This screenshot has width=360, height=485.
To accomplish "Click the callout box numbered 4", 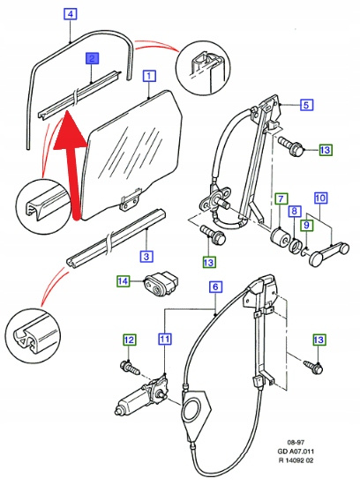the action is coord(71,13).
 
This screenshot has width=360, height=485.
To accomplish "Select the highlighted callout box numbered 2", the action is coord(93,58).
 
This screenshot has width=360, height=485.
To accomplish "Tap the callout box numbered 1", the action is coord(149,76).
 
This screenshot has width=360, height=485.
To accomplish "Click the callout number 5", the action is coord(306,105).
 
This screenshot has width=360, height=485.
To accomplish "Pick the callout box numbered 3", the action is coord(146,256).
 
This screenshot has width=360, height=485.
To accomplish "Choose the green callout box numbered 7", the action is coord(281,198).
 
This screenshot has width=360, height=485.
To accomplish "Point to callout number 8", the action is coord(294,212).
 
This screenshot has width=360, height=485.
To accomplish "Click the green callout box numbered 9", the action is coord(306,225).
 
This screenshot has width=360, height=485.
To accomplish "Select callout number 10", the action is coord(320,198).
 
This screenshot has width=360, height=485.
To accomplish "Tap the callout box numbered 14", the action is coord(123,281).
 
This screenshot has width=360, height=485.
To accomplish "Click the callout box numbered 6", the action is coord(215,287).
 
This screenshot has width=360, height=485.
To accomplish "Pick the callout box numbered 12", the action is coord(130,339).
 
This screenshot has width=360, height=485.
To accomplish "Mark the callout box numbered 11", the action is coord(165,339).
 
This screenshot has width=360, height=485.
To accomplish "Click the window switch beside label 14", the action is coord(161,285).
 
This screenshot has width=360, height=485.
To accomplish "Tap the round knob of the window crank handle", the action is coord(317,259).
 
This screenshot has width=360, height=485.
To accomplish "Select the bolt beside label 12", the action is coord(130,367).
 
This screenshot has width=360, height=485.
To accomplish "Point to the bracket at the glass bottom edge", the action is coord(130,198).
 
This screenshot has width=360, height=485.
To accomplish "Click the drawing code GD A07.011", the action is coord(296,451).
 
